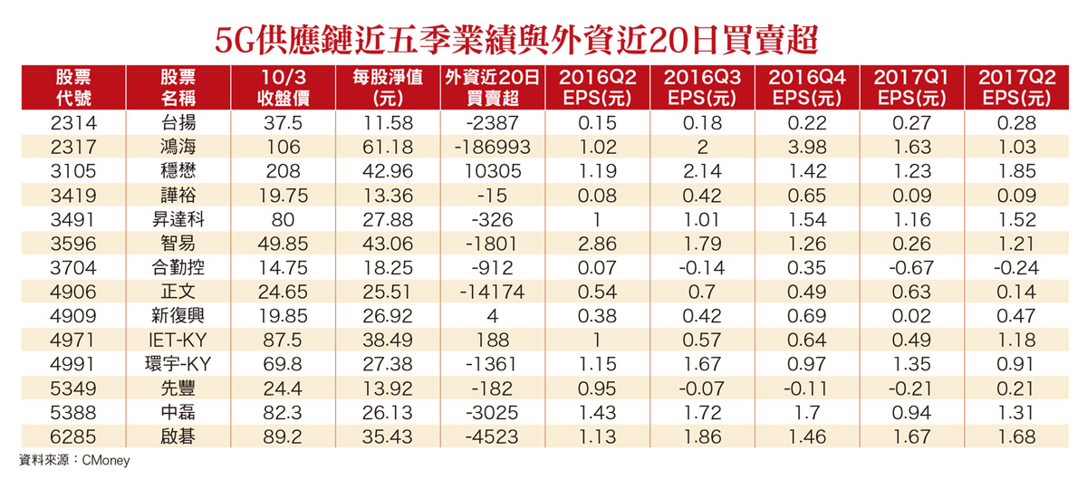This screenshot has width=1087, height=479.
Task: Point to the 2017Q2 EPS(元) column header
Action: pos(1013,88)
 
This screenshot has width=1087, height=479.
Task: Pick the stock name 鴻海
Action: pos(178,145)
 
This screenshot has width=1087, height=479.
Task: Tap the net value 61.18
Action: pos(385,145)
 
